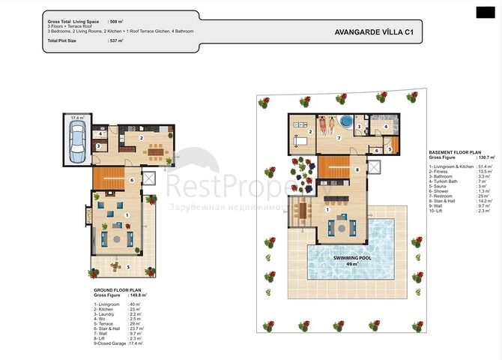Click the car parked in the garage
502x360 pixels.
tap(76, 142)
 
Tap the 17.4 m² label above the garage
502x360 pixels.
tap(77, 118)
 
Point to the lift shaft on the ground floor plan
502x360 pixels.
tap(148, 178)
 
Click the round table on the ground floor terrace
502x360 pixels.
tap(116, 264)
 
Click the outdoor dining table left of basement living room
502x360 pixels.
tap(303, 212)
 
